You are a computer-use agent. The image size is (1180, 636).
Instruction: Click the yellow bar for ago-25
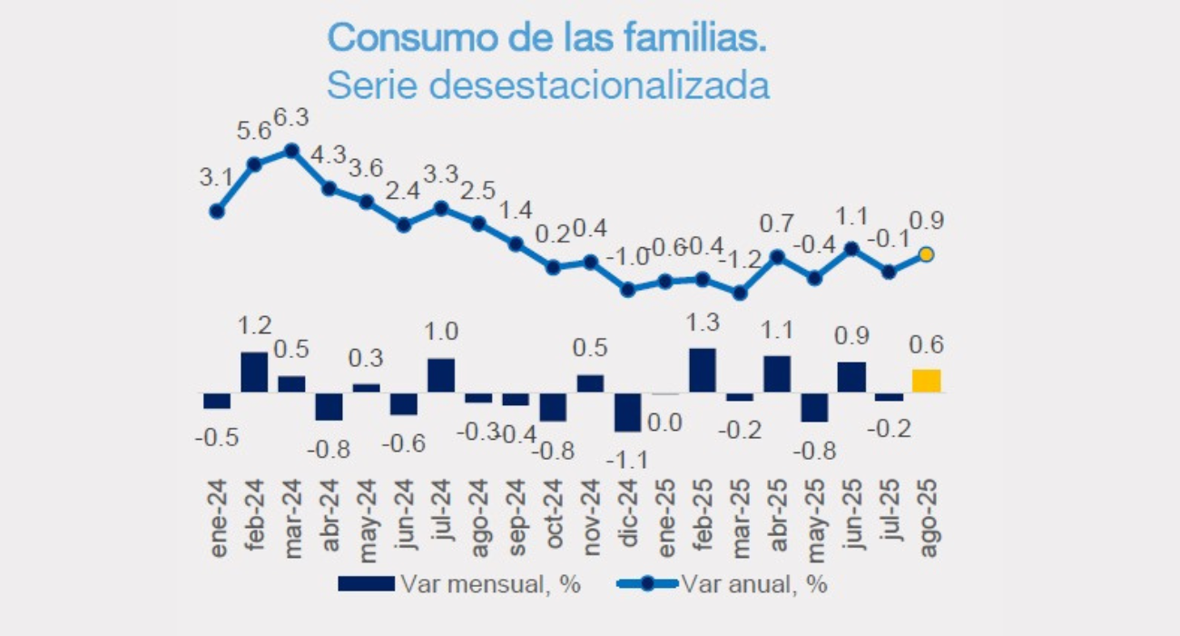[x=926, y=381]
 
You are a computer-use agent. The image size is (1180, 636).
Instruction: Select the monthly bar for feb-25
[x=703, y=370]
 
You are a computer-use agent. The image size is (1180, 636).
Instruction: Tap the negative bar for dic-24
[x=627, y=412]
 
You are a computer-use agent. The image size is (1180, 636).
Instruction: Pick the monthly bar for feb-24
[x=254, y=372]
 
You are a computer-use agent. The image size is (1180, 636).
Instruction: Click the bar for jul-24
[x=440, y=375]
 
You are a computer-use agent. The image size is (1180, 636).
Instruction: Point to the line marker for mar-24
[x=291, y=151]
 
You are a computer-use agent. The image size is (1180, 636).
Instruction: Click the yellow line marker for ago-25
[x=927, y=255]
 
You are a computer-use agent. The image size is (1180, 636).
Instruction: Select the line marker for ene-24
[x=217, y=211]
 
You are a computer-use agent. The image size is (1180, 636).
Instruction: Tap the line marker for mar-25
[x=740, y=293]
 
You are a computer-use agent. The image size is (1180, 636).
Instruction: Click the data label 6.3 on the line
[x=292, y=119]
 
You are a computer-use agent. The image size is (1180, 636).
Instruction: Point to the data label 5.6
[x=253, y=132]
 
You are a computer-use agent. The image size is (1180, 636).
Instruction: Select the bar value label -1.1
[x=627, y=461]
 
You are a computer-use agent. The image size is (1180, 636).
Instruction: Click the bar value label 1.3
[x=703, y=323]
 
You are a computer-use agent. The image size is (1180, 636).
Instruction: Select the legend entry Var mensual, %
[x=458, y=584]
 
